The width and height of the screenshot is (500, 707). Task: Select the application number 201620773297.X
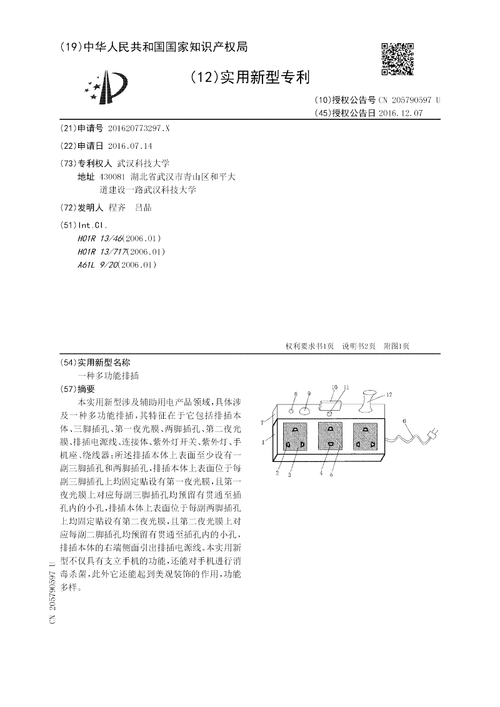click(x=139, y=128)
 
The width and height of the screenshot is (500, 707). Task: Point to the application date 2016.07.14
click(x=130, y=145)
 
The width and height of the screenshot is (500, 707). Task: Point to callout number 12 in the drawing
click(x=389, y=394)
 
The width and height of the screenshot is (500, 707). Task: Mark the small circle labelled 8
click(x=291, y=411)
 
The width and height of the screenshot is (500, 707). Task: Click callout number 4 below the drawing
click(x=321, y=473)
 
